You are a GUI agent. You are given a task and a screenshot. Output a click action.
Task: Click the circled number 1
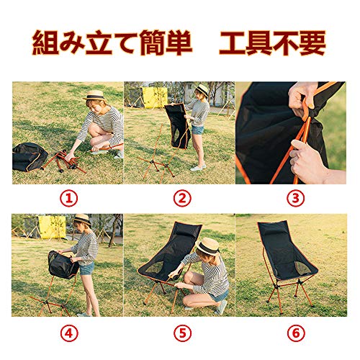(69, 199)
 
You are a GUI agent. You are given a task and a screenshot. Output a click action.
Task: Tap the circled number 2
(182, 199)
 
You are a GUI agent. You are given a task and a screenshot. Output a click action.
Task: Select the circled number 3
(296, 199)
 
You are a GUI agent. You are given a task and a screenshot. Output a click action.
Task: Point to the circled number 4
(69, 333)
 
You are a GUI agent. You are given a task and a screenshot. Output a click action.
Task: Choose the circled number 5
(183, 333)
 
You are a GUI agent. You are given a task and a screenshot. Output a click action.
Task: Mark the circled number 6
(296, 333)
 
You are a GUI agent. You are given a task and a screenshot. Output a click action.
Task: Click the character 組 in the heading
(45, 42)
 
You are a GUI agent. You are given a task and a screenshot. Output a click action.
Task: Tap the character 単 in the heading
(179, 42)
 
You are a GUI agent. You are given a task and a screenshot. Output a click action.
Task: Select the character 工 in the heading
(232, 42)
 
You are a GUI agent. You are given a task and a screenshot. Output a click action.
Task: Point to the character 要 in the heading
(312, 42)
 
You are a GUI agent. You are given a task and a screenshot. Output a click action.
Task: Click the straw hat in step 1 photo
(94, 95)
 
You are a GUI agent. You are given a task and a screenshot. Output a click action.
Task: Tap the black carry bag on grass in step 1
(30, 157)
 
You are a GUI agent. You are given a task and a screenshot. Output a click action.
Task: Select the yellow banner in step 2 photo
(155, 97)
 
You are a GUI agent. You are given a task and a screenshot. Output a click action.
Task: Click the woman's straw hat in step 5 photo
(208, 246)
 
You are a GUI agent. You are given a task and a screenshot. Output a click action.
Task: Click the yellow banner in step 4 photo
(52, 227)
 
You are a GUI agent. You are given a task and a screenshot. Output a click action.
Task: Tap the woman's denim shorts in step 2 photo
(197, 130)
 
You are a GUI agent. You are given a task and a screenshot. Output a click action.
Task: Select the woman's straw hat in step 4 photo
(82, 220)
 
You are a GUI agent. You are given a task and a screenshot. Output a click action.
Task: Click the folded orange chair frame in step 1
(64, 161)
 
